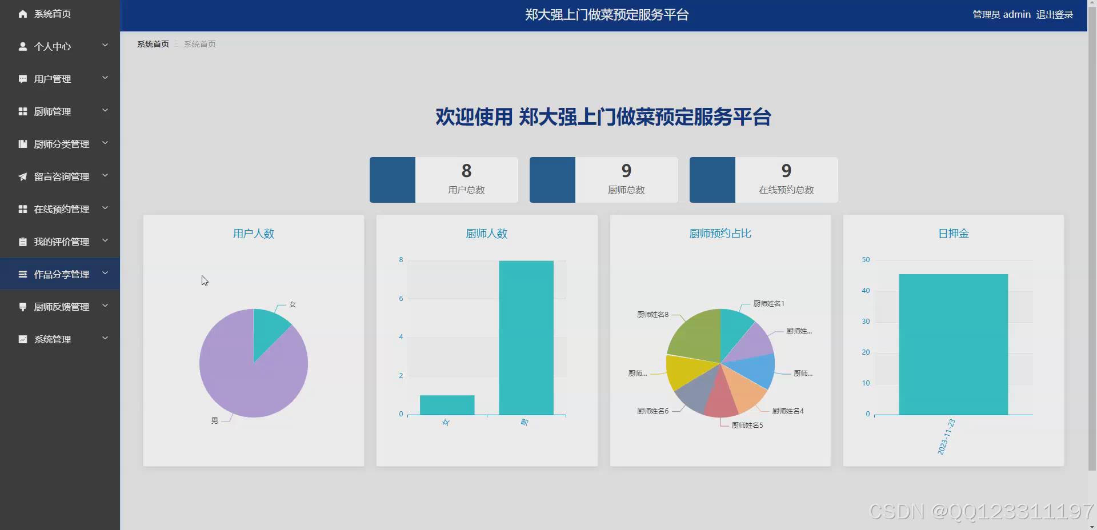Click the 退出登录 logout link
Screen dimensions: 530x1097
click(1054, 15)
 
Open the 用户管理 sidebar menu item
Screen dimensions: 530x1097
click(53, 79)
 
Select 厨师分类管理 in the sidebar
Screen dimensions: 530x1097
click(61, 144)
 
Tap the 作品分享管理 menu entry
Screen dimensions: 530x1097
click(61, 274)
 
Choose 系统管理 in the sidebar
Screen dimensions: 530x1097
click(53, 339)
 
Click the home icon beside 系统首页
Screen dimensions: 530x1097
click(23, 14)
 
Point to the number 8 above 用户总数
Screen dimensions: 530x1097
click(466, 171)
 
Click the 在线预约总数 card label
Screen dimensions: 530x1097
click(786, 190)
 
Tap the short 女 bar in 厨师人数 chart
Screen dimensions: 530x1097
click(447, 405)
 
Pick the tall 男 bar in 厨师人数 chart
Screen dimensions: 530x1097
click(526, 337)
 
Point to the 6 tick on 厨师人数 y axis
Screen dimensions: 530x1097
click(401, 298)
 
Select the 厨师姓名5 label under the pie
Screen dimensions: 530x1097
click(747, 425)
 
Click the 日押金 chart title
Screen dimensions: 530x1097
click(953, 234)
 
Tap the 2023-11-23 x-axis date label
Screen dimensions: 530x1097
click(946, 437)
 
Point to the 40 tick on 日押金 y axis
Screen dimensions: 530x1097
click(866, 291)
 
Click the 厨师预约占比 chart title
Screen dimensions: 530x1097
click(720, 234)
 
